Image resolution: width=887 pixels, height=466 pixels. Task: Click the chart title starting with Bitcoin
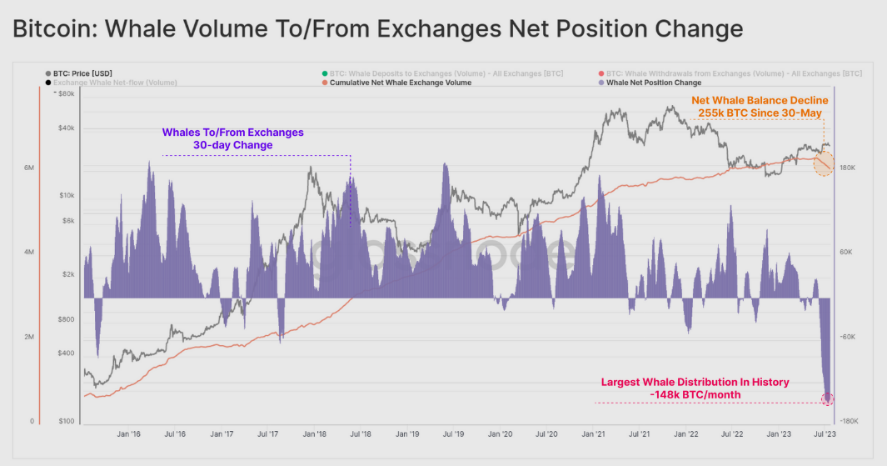377,29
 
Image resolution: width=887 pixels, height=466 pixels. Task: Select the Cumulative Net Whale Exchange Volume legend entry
400,83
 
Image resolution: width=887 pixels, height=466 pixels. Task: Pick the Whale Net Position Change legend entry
653,83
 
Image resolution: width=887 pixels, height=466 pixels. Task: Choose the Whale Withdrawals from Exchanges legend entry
734,73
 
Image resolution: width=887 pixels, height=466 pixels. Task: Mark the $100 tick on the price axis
67,421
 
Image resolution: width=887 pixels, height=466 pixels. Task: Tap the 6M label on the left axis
29,168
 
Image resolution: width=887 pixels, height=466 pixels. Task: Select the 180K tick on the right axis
848,168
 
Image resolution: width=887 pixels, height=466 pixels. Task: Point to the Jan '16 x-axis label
128,434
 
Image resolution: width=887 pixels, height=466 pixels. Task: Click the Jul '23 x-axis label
825,434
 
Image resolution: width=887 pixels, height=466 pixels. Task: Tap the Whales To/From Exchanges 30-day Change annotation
232,138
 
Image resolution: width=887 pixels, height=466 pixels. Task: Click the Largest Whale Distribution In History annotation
695,388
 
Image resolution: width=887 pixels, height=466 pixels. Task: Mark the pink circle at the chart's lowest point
827,399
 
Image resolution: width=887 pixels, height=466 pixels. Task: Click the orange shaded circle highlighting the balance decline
825,163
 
